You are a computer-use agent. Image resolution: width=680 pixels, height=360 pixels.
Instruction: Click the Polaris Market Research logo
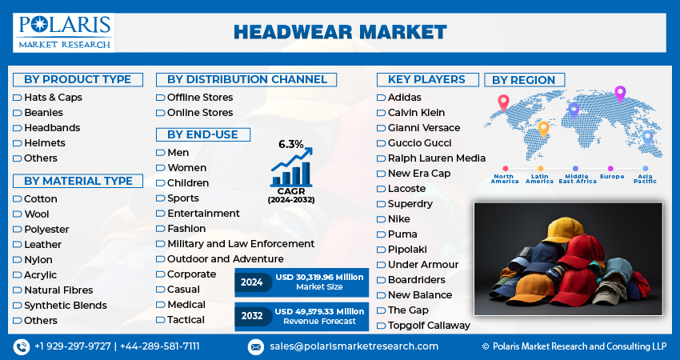pos(64,33)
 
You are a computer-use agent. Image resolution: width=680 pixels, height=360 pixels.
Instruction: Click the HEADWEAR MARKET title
pos(340,33)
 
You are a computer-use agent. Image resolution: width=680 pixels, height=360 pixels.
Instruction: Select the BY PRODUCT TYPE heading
pos(78,80)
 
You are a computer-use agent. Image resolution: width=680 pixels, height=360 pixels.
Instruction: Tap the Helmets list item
pos(45,143)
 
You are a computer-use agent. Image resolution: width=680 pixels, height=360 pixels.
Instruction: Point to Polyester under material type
pos(46,230)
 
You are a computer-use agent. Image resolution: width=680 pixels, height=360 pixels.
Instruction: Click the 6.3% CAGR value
pos(291,145)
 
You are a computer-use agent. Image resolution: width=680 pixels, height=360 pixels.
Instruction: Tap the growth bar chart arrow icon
pos(291,166)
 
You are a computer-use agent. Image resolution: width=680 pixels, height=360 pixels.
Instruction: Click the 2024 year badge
pos(252,282)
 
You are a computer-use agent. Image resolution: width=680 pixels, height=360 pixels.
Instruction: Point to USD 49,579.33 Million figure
pos(320,312)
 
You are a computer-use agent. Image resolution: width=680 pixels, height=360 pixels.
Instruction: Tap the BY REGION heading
pos(524,80)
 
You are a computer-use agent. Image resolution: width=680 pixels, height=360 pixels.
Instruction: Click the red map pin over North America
pos(503,102)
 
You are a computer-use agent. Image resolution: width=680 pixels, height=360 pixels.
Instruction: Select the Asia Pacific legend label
pos(646,178)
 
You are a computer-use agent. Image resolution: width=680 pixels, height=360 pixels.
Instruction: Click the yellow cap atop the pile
pos(563,230)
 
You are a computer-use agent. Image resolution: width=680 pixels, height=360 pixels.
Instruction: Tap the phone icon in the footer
pos(21,346)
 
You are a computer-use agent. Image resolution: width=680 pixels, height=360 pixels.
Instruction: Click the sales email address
pos(354,346)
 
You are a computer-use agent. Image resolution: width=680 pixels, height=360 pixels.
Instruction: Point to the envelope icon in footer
pos(255,347)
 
